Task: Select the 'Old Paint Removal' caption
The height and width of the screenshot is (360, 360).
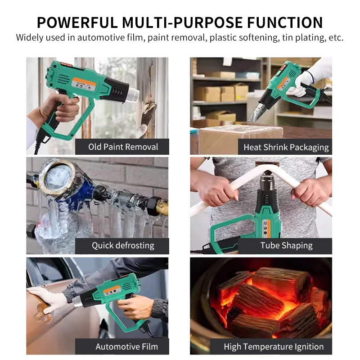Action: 123,147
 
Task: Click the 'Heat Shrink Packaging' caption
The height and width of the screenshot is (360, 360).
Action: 286,147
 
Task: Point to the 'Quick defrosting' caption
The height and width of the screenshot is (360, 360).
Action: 123,246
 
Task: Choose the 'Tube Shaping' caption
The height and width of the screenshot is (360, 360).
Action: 286,246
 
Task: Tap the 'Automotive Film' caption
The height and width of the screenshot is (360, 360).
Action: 126,346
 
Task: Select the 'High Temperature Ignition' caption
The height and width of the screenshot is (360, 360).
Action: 274,346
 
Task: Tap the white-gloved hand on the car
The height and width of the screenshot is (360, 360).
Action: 47,299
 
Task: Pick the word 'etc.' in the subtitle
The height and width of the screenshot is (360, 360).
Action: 336,38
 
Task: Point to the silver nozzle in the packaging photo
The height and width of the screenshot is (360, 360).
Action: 256,113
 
